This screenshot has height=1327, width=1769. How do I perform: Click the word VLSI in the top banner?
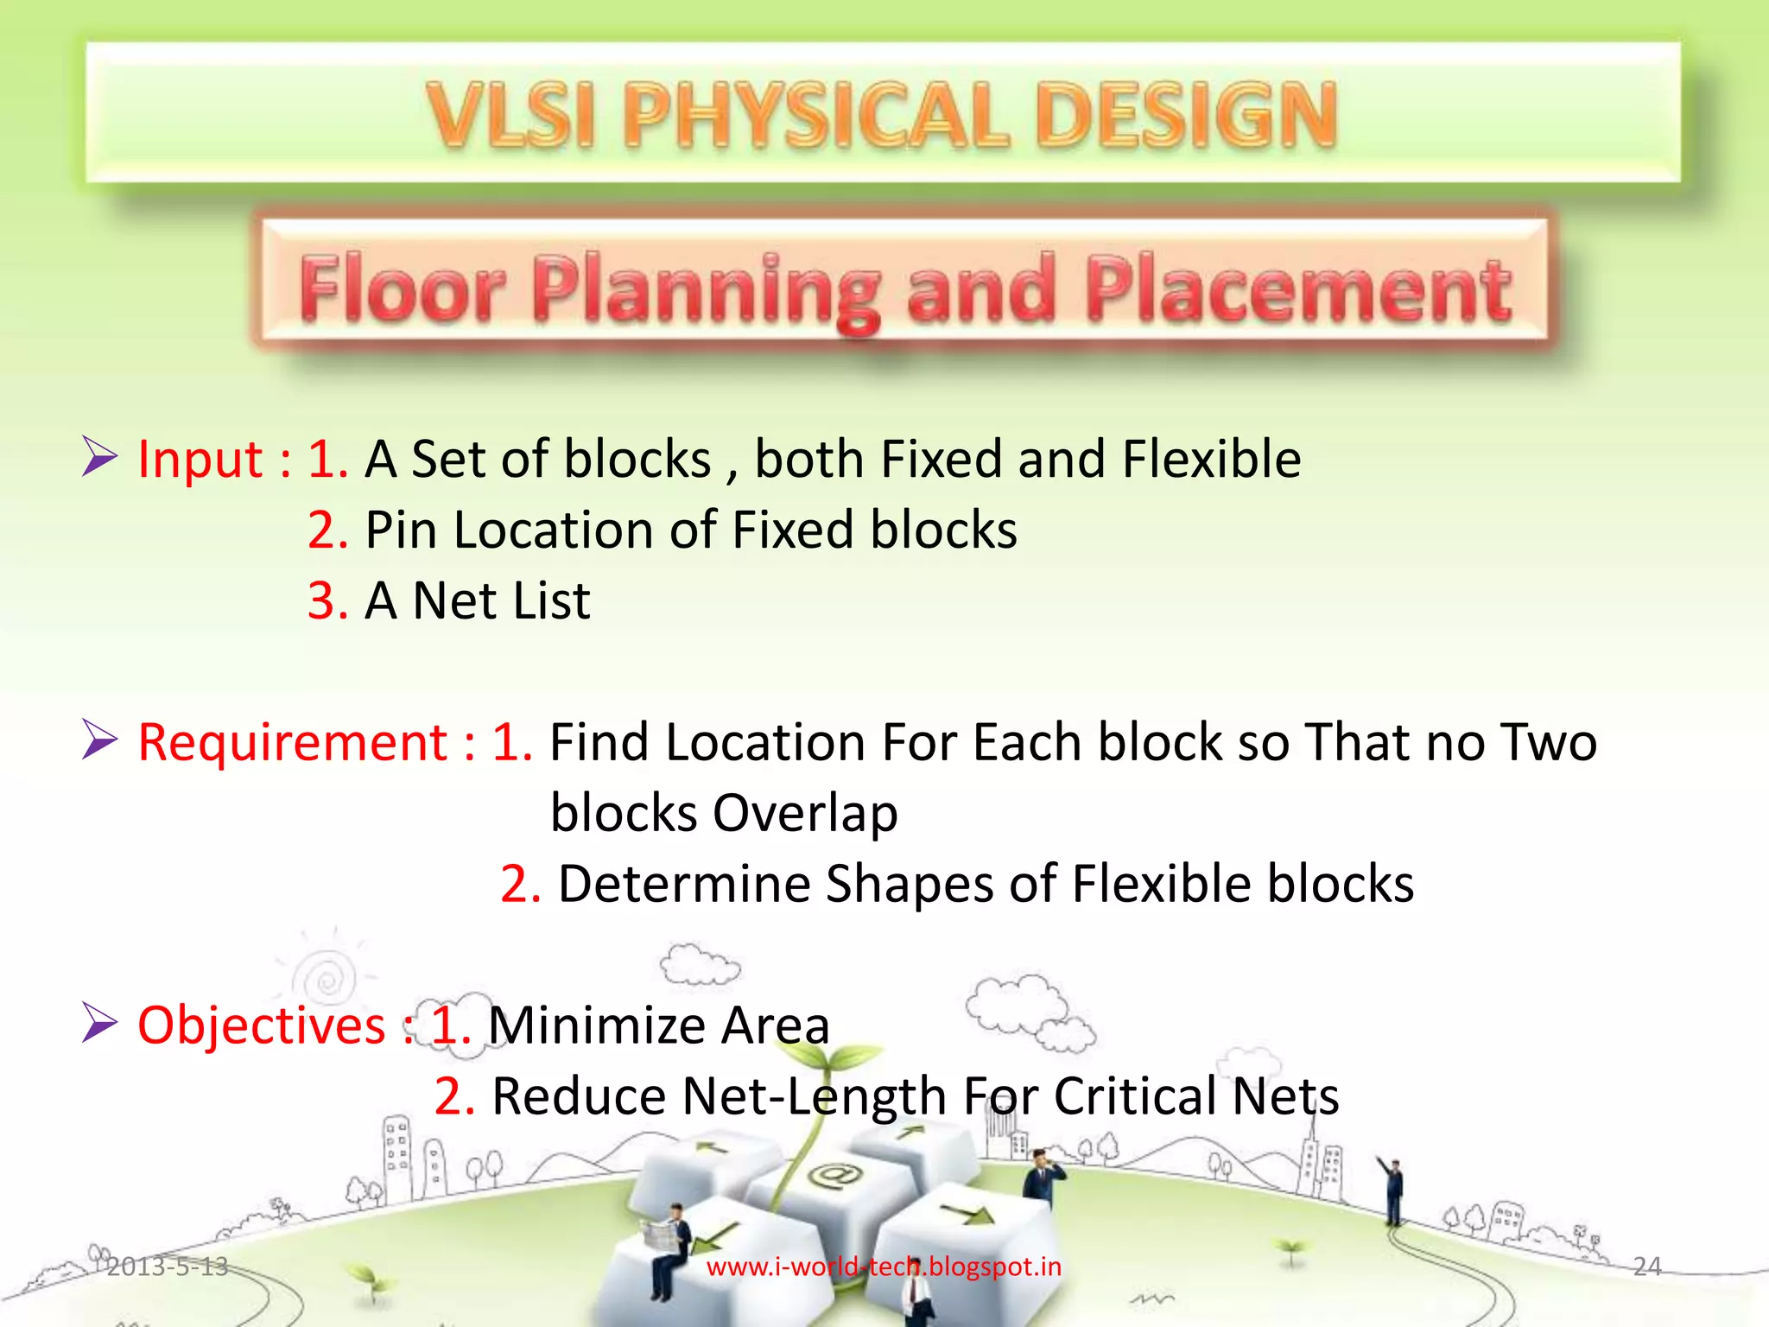(511, 115)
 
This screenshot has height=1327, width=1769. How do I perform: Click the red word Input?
(200, 459)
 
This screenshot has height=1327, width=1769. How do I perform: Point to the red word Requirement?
(293, 742)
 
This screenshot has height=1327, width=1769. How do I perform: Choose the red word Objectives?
(261, 1025)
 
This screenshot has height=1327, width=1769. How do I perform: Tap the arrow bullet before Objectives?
(99, 1023)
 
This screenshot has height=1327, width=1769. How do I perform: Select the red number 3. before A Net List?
(327, 600)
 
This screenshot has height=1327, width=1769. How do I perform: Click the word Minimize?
(597, 1025)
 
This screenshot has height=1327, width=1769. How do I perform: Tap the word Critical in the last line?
(1134, 1096)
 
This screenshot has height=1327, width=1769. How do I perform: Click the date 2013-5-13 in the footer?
(167, 1267)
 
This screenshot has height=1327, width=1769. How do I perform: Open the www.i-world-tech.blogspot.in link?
(884, 1267)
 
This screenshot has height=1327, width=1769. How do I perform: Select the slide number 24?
(1646, 1267)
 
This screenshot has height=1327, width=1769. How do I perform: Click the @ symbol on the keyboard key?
(834, 1174)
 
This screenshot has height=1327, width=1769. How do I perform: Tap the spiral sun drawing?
(327, 980)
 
